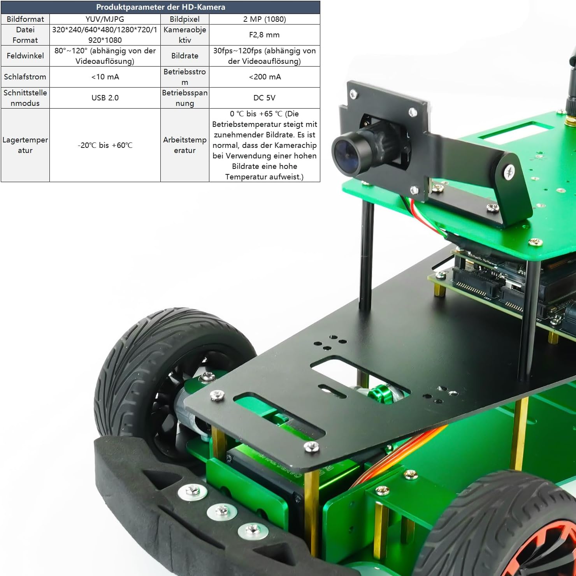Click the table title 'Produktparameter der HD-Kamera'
[160, 7]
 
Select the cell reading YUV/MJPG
[105, 19]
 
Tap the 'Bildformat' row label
[25, 19]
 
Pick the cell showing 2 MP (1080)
[265, 19]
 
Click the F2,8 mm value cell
[265, 35]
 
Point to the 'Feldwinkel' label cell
[25, 56]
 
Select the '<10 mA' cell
[105, 77]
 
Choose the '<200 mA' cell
[265, 77]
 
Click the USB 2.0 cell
[105, 98]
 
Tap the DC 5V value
[265, 98]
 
